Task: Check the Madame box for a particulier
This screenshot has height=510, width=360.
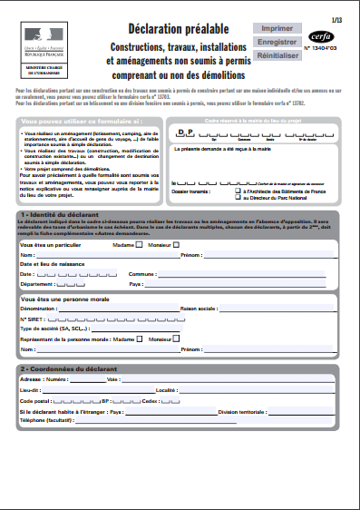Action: tap(140, 244)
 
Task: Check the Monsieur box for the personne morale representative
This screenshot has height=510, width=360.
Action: tap(177, 338)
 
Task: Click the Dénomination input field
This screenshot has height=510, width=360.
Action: tap(117, 309)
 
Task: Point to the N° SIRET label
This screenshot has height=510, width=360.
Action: tap(32, 319)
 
